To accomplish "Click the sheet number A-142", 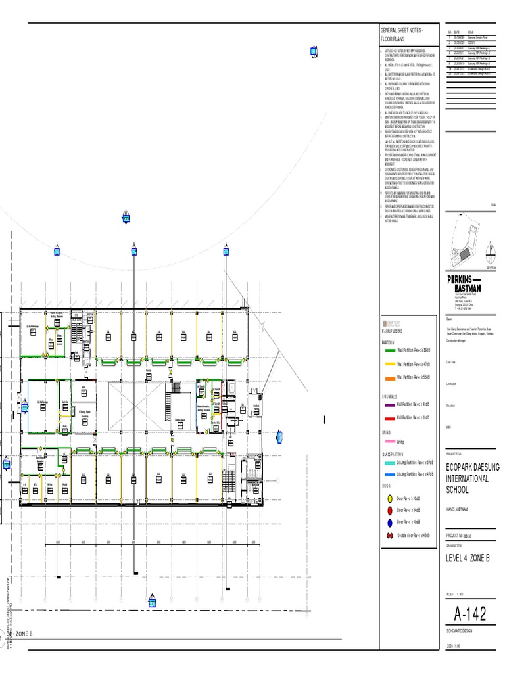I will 471,614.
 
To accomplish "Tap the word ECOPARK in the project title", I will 462,467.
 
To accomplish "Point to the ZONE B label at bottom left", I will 24,634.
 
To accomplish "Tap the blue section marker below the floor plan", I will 152,602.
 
